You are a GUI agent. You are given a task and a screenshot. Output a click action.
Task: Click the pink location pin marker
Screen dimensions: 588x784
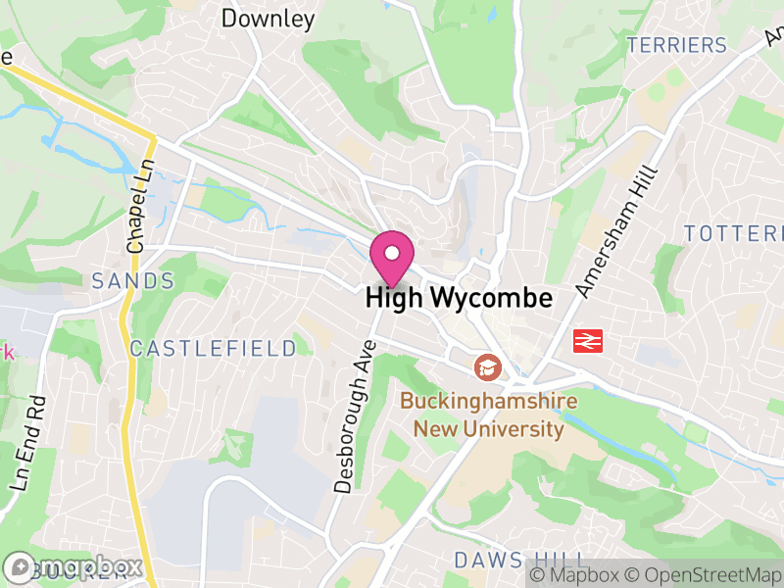point(392,259)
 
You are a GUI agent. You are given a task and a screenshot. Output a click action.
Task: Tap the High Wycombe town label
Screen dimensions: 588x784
point(459,299)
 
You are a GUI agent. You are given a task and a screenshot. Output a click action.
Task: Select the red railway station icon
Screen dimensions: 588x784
point(588,340)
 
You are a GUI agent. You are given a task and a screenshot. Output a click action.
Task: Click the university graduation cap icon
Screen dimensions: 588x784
point(486,367)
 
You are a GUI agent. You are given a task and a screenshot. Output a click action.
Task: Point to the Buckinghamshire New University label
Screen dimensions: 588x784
point(488,415)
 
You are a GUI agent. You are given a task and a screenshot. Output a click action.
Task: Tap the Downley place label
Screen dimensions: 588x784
point(268,18)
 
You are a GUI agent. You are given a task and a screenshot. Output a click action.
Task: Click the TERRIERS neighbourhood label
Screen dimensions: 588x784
point(677,45)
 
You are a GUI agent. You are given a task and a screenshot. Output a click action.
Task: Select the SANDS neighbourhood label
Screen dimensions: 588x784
point(132,281)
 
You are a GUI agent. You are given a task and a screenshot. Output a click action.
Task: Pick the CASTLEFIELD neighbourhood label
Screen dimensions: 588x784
point(213,348)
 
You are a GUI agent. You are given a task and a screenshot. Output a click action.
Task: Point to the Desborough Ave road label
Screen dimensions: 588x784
point(355,416)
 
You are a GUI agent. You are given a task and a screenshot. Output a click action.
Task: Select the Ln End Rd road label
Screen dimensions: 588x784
point(28,443)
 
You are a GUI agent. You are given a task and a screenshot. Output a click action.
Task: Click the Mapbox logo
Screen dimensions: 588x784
point(73,567)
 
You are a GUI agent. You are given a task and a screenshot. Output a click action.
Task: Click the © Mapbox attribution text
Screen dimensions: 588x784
point(576,574)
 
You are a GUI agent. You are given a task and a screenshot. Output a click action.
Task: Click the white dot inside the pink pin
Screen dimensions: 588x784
point(392,253)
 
